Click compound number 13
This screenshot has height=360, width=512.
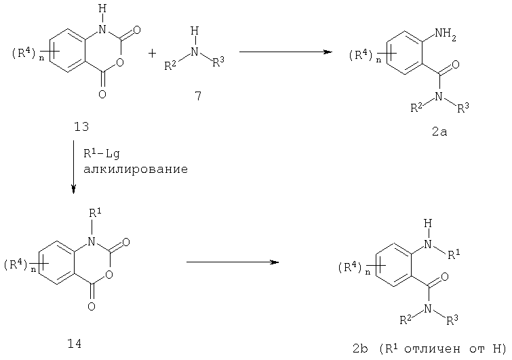(81, 127)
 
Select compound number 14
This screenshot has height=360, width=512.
(74, 343)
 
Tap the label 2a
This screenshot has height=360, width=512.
(439, 132)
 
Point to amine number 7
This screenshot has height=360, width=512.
(198, 96)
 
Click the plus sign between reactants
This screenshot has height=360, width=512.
(152, 53)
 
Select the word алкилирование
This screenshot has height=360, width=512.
(136, 169)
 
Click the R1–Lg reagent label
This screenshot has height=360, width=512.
(102, 153)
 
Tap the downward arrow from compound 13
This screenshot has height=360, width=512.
(73, 167)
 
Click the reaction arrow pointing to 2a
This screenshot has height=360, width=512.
(285, 52)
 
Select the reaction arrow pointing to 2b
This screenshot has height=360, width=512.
(233, 262)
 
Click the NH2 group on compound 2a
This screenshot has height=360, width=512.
(445, 35)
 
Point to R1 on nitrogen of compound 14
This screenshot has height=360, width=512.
(95, 214)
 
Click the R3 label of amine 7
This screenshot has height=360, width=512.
(218, 62)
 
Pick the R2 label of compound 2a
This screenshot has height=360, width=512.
(416, 108)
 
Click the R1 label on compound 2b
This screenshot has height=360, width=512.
(454, 254)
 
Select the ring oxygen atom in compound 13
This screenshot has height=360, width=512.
(120, 62)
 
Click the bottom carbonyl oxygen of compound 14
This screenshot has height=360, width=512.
(92, 306)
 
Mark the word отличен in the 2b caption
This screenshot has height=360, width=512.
(433, 349)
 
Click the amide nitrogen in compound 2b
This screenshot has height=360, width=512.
(428, 308)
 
